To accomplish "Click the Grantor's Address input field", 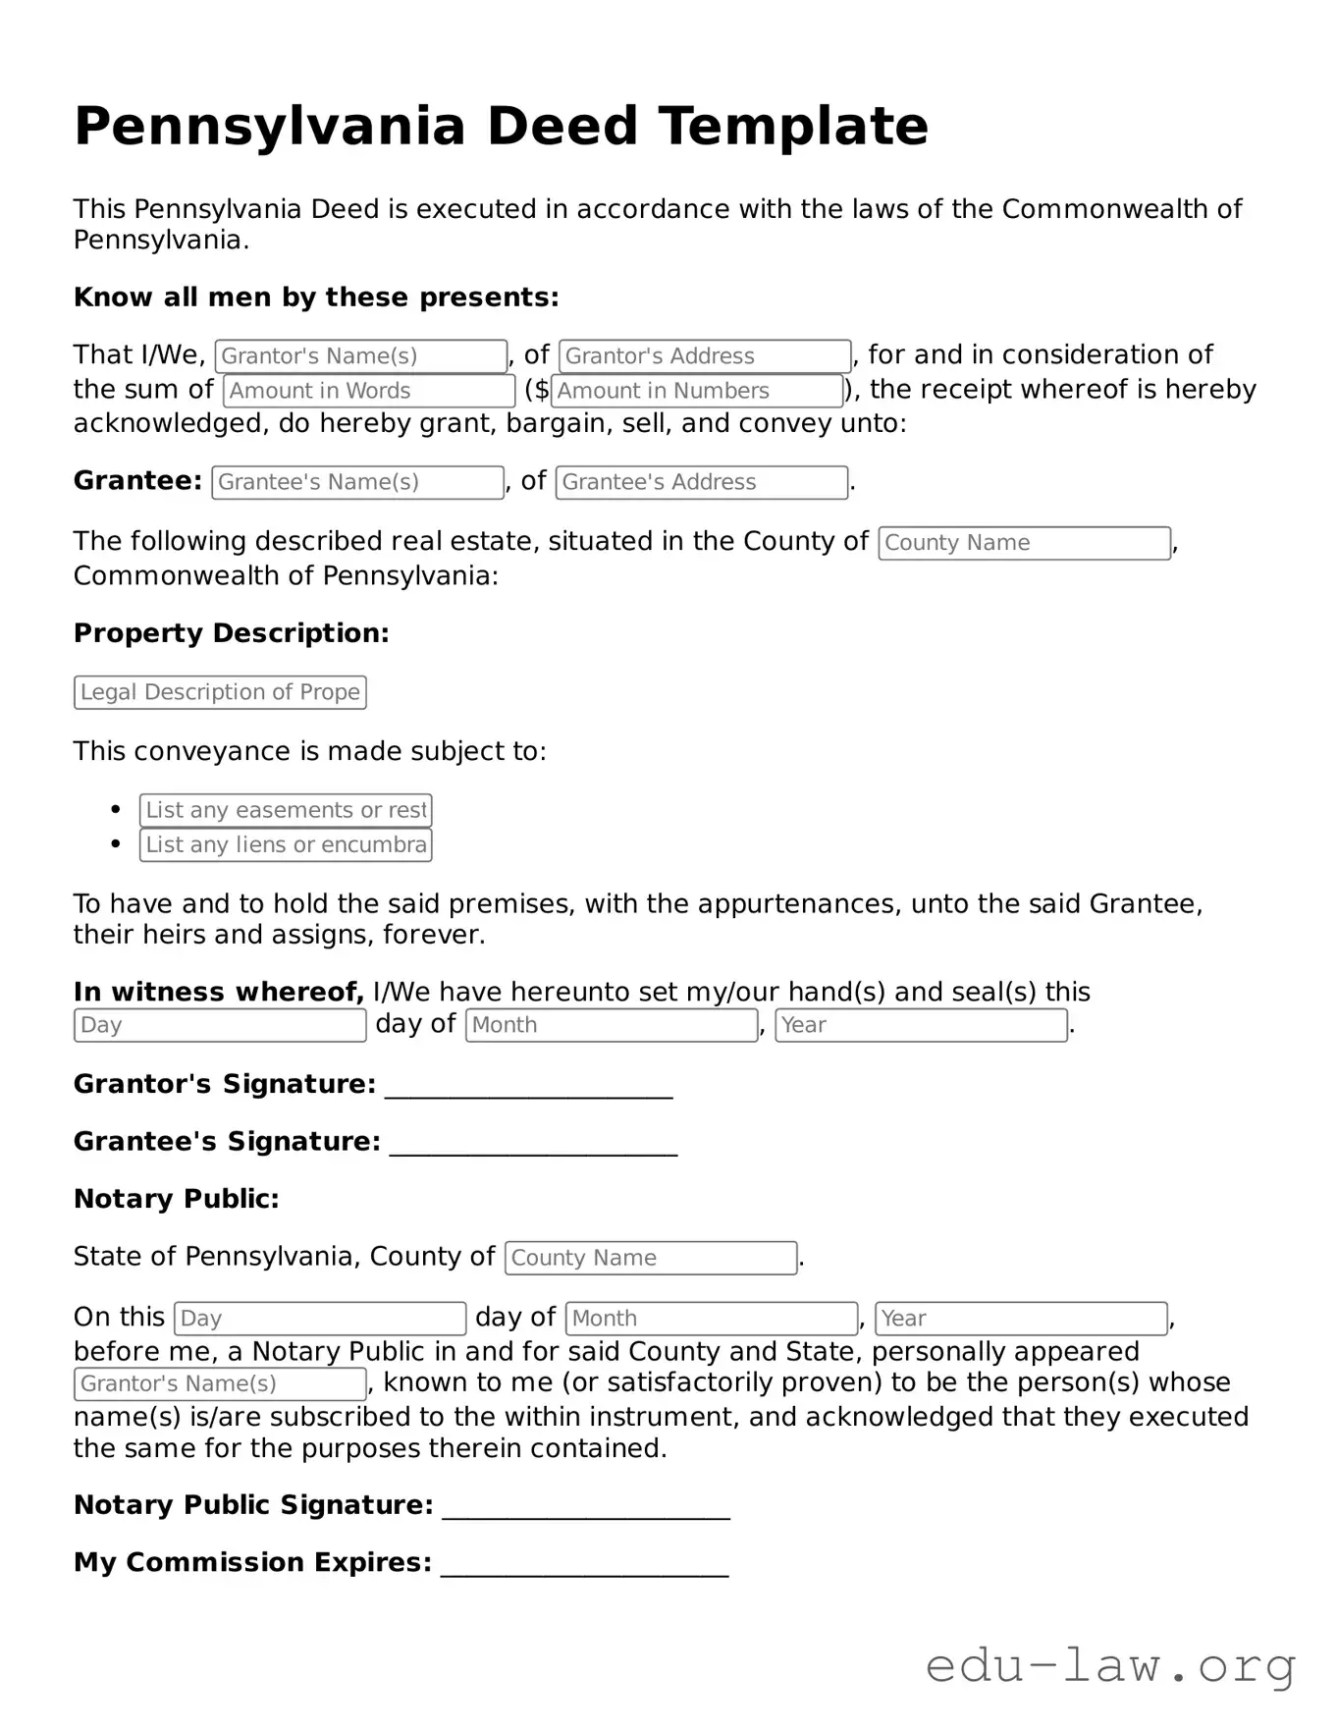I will click(704, 355).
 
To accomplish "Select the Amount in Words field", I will click(368, 391).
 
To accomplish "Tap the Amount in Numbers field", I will click(697, 391).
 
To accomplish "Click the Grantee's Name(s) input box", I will click(357, 482).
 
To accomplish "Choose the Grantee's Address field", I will click(701, 482).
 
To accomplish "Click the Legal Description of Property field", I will click(220, 692).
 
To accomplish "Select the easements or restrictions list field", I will click(285, 810).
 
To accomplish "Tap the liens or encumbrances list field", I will click(285, 845).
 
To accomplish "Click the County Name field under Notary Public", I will click(650, 1258).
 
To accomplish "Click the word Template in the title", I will click(792, 127).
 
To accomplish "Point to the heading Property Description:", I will click(231, 633).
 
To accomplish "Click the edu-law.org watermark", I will click(1110, 1666).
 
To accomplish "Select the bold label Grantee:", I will click(137, 481).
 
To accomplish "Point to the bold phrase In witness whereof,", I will click(219, 992).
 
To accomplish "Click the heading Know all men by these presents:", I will click(316, 298).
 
